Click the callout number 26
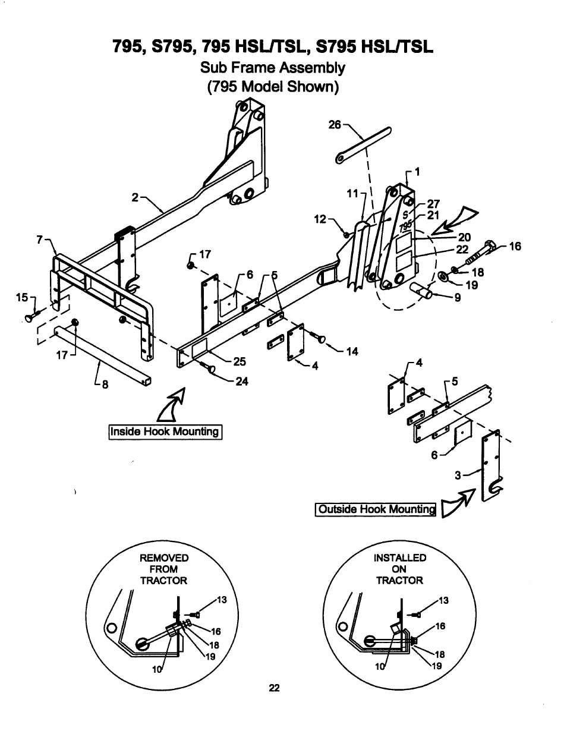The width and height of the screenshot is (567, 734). [x=335, y=125]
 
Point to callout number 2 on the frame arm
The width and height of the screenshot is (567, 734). [x=135, y=197]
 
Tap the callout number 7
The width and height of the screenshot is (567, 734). [x=40, y=240]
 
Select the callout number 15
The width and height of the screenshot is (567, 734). [x=22, y=297]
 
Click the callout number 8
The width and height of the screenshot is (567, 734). [x=105, y=385]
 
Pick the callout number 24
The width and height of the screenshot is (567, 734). [x=242, y=382]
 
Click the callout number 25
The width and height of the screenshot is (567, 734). [x=240, y=361]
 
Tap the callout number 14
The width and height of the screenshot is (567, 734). [x=352, y=352]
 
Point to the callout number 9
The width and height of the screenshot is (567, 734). [x=458, y=298]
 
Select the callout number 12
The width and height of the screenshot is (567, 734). [x=320, y=219]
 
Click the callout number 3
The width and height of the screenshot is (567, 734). [x=458, y=475]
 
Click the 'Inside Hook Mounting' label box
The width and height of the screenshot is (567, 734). [x=165, y=431]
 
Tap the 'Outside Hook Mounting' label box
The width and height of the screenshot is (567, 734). [x=376, y=509]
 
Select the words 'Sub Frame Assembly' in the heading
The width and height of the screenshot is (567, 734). [x=273, y=68]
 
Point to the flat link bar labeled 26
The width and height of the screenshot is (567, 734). [x=363, y=145]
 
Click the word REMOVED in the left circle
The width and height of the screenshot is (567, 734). [x=164, y=558]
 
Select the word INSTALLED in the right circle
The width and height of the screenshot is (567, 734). [x=400, y=557]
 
